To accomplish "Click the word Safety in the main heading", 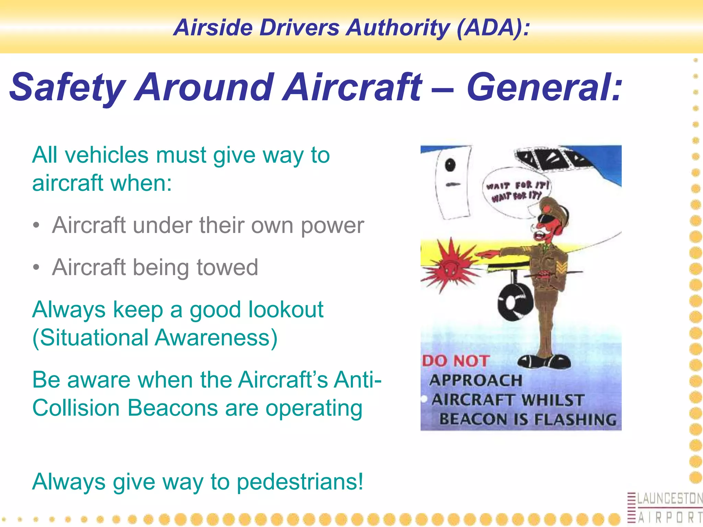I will (67, 88).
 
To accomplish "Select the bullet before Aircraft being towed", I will (36, 267).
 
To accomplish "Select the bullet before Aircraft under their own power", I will (36, 225).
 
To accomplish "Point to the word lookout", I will (286, 309).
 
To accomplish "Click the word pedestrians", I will (299, 482).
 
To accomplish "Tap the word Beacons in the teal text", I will (172, 408).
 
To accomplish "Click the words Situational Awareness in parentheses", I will (154, 338).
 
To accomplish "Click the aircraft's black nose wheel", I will (515, 302).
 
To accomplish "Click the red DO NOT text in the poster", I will (456, 361).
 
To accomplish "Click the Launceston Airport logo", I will (664, 508).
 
